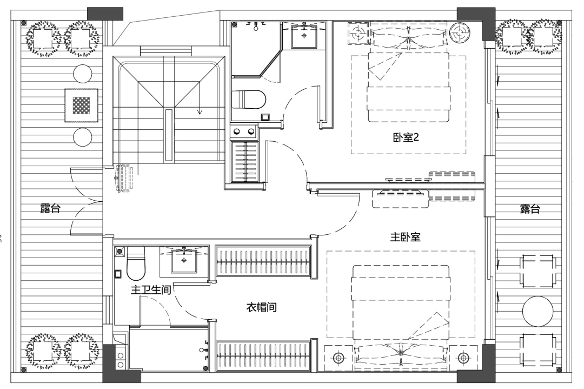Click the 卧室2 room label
(x=406, y=137)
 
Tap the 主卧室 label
(x=405, y=236)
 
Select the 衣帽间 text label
(x=262, y=307)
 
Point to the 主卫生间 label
(x=150, y=290)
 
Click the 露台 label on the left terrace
(x=50, y=208)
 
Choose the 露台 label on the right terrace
(x=529, y=209)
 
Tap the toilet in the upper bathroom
(x=248, y=100)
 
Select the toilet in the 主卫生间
(x=136, y=263)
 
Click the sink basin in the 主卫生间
(x=184, y=260)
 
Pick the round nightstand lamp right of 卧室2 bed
(x=459, y=33)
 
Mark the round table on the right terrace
(x=537, y=311)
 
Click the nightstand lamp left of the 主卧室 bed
(x=338, y=358)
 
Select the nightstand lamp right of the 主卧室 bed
(x=463, y=358)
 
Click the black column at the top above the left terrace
(x=105, y=14)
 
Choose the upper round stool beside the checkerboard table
(x=82, y=74)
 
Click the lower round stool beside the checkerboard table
(x=82, y=137)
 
